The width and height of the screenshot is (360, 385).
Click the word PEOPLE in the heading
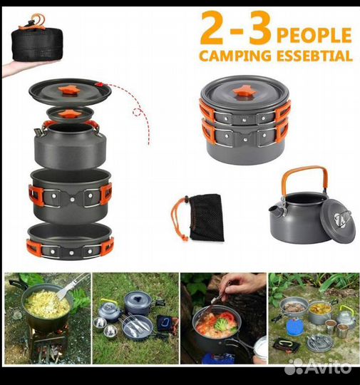[314, 35]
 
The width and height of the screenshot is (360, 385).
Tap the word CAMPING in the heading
[235, 56]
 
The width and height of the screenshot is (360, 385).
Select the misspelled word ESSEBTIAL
[315, 56]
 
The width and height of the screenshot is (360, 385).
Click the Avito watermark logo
[317, 367]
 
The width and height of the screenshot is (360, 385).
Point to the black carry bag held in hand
[37, 44]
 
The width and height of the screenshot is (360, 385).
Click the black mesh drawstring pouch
[206, 217]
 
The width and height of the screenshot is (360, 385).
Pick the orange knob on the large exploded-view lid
[71, 91]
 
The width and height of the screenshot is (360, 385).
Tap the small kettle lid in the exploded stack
[71, 114]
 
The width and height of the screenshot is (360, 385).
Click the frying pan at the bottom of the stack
[71, 241]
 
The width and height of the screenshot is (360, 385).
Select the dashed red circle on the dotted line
[137, 113]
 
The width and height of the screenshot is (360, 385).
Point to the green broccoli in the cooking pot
[221, 324]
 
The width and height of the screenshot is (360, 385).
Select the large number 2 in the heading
[215, 29]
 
